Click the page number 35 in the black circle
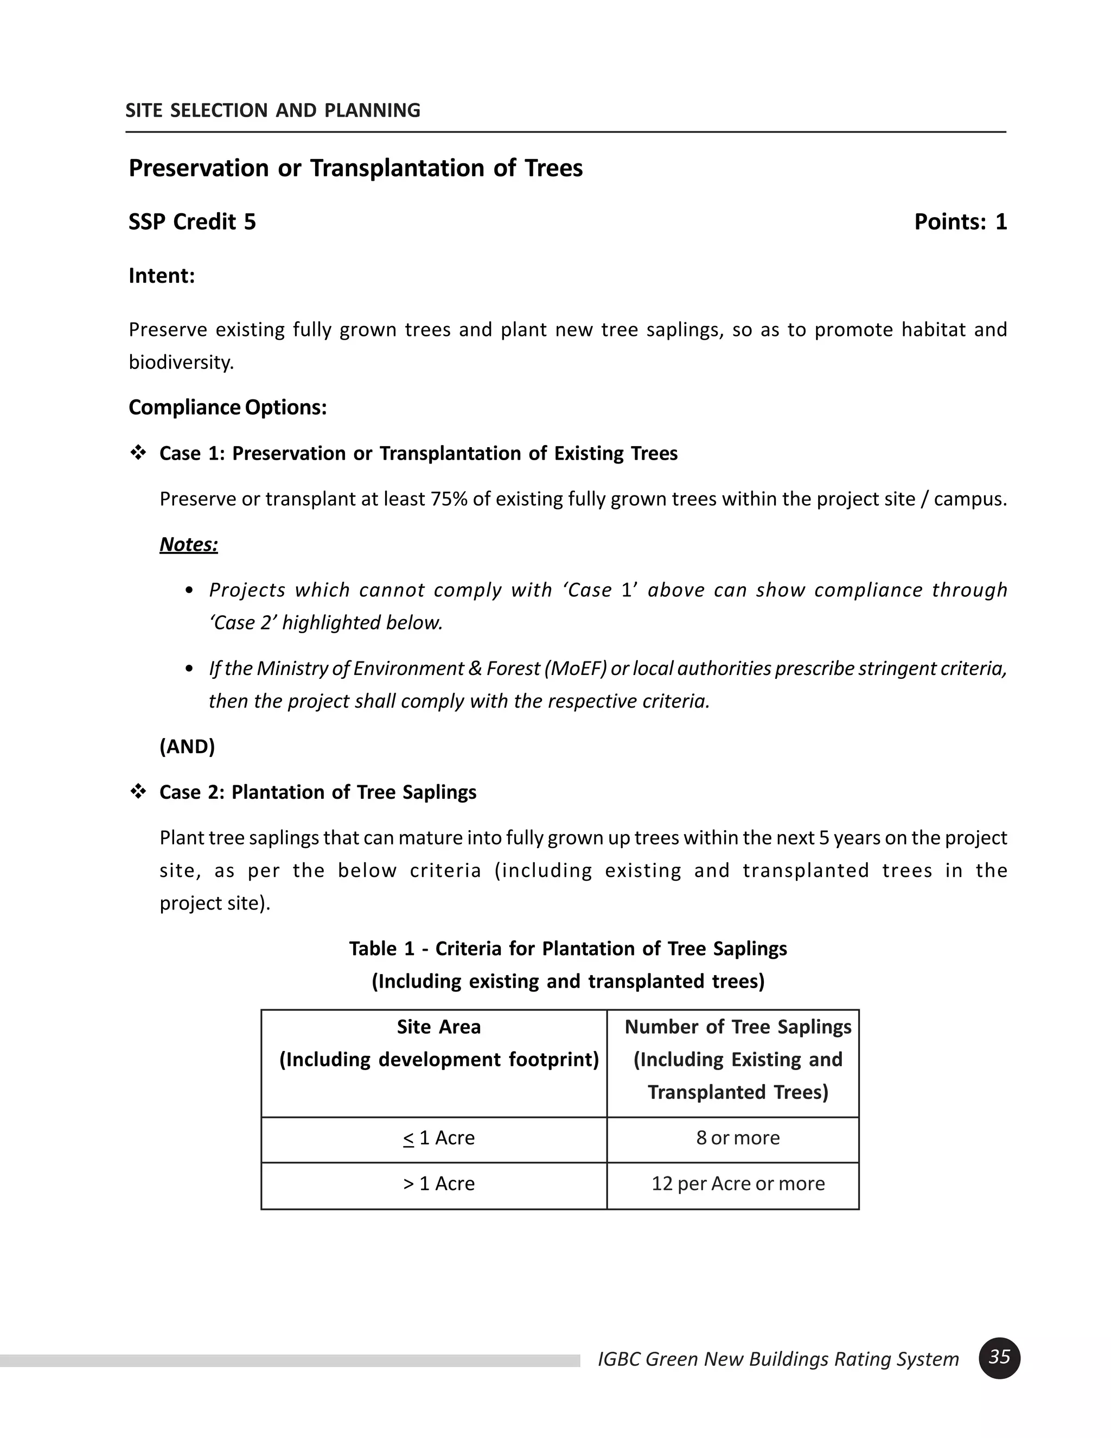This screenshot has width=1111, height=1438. tap(999, 1358)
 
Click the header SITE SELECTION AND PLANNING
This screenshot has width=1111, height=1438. tap(272, 110)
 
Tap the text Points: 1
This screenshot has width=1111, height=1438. tap(960, 222)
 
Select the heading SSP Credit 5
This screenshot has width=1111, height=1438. tap(191, 222)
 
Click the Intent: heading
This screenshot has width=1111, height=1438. tap(161, 275)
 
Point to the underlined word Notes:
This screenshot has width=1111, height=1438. tap(188, 544)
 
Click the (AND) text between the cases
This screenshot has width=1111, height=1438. tap(187, 746)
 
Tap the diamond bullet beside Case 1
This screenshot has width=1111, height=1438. tap(138, 453)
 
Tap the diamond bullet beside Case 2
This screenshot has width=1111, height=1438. tap(138, 791)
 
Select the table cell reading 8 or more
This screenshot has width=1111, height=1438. tap(737, 1138)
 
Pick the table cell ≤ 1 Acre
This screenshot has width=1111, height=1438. tap(438, 1138)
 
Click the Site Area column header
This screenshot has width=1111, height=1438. tap(438, 1043)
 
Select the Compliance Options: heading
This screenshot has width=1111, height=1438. tap(227, 408)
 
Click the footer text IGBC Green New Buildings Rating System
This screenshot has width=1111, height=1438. tap(778, 1359)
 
